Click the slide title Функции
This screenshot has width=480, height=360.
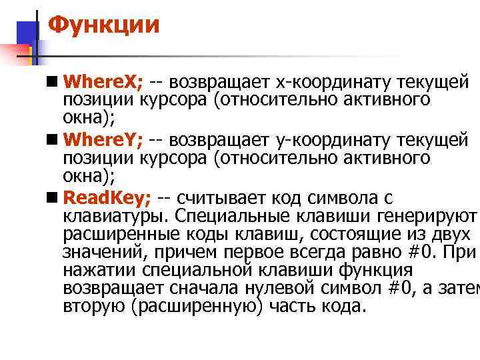click(x=105, y=26)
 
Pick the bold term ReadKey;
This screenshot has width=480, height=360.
click(x=107, y=198)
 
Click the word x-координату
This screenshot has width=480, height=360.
click(x=335, y=83)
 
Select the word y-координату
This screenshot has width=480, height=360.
click(x=335, y=141)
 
